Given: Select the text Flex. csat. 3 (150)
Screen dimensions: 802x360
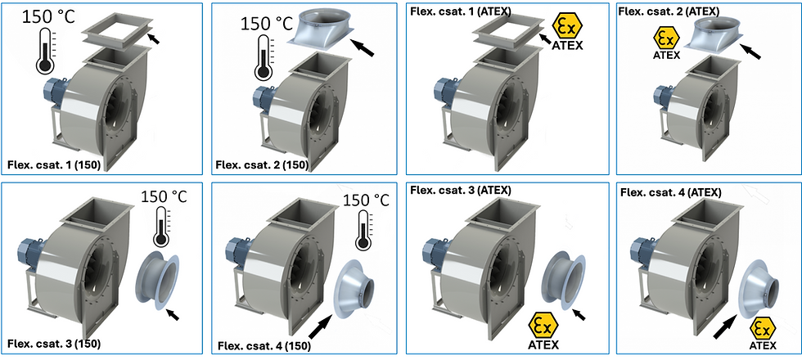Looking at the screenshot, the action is [x=54, y=343].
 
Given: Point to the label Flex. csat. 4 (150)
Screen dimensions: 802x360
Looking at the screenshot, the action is [x=264, y=346].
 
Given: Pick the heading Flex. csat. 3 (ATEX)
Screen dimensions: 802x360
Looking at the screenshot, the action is [x=460, y=191].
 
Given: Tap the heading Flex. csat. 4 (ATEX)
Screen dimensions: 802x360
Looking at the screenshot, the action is [x=670, y=193].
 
